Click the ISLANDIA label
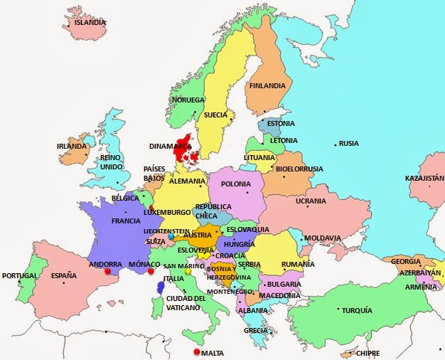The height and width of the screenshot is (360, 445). pyautogui.click(x=90, y=22)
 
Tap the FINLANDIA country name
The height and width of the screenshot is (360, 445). pyautogui.click(x=267, y=86)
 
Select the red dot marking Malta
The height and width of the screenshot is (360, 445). pyautogui.click(x=196, y=352)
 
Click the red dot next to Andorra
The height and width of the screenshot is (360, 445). pyautogui.click(x=107, y=271)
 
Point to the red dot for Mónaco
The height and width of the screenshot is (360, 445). pyautogui.click(x=150, y=271)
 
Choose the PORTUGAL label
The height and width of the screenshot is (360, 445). pyautogui.click(x=19, y=275)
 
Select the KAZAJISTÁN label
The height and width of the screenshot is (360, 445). pyautogui.click(x=424, y=178)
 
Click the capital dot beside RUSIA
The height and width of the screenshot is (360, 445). pyautogui.click(x=336, y=144)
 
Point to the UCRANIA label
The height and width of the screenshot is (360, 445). pyautogui.click(x=311, y=201)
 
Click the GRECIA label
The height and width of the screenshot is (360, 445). pyautogui.click(x=256, y=330)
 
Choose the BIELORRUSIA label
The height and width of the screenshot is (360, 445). pyautogui.click(x=299, y=169)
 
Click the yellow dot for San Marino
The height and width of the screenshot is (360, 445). pyautogui.click(x=188, y=270)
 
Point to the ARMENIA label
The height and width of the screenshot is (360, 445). pyautogui.click(x=421, y=287)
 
